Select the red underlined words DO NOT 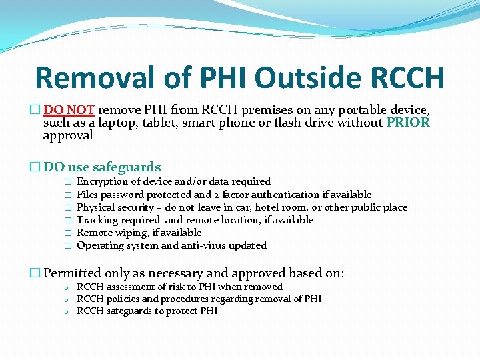(x=70, y=109)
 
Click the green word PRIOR (x=408, y=122)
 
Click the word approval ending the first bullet (x=68, y=135)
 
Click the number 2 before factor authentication (x=217, y=195)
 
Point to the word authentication (x=289, y=195)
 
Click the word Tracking (x=99, y=220)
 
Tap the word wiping (x=136, y=233)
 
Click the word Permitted (x=73, y=273)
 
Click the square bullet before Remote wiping (x=67, y=233)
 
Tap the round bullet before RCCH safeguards (x=67, y=311)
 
